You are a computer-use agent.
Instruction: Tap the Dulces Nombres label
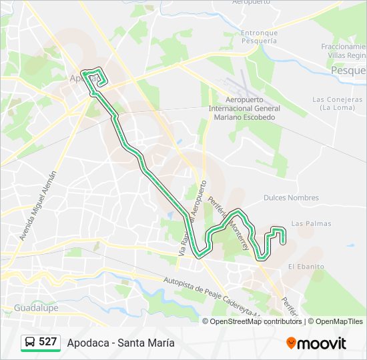291,198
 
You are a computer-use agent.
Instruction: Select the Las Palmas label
311,223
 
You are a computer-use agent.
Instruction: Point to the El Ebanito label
306,267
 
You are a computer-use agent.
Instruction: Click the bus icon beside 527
30,342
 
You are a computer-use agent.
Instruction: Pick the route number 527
48,342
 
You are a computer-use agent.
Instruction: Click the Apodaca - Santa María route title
121,343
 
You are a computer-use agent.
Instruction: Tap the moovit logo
316,343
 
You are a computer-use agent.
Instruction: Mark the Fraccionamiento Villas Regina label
344,51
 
